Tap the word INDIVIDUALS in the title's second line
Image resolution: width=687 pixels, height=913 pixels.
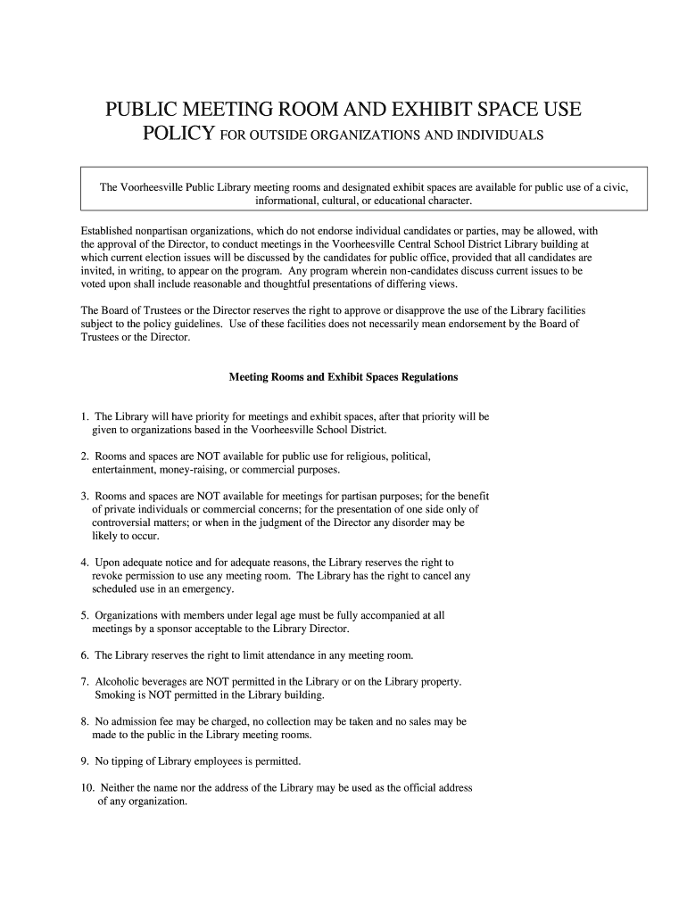(494, 136)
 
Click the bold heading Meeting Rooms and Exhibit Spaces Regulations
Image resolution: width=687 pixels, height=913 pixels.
(343, 377)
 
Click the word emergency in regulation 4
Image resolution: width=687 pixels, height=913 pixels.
(210, 589)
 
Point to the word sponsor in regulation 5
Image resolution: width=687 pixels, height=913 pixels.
(181, 629)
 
